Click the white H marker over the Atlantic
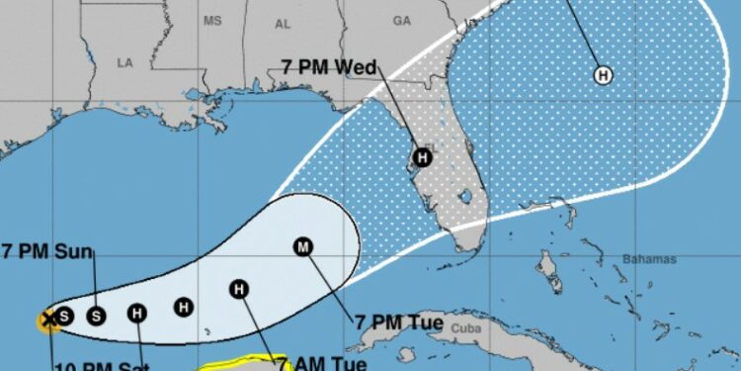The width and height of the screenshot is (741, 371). tap(603, 73)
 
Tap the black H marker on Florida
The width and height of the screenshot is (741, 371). tap(423, 156)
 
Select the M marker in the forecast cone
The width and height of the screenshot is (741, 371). tap(302, 247)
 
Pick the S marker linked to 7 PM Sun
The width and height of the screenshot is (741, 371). tap(96, 316)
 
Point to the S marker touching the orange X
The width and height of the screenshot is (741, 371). tap(63, 316)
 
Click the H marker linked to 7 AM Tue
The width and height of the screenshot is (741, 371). tap(238, 289)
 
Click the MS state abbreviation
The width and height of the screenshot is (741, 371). tap(212, 20)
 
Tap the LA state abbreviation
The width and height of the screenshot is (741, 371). tap(124, 62)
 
